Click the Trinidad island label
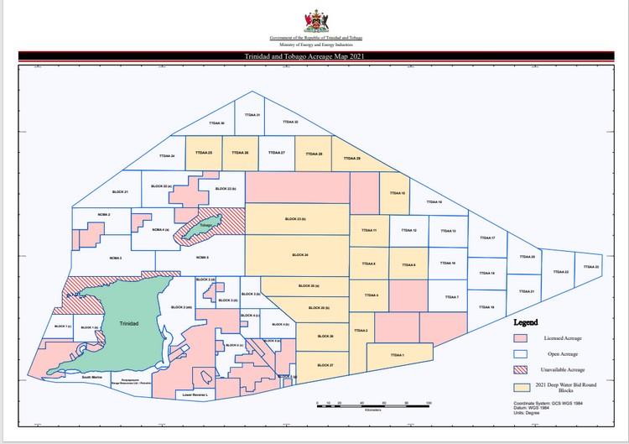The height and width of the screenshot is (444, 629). (x=129, y=322)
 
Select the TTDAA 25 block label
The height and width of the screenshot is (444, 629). (x=203, y=153)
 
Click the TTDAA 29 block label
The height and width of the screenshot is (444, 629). (x=351, y=159)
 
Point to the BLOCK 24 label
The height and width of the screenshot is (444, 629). (x=300, y=253)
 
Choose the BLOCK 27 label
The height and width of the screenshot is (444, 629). (x=326, y=366)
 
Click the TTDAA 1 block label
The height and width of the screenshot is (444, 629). (x=397, y=355)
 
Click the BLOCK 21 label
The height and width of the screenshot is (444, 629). (x=120, y=192)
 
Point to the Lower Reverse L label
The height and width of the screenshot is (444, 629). (x=194, y=393)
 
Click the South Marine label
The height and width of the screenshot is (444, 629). (x=91, y=378)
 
